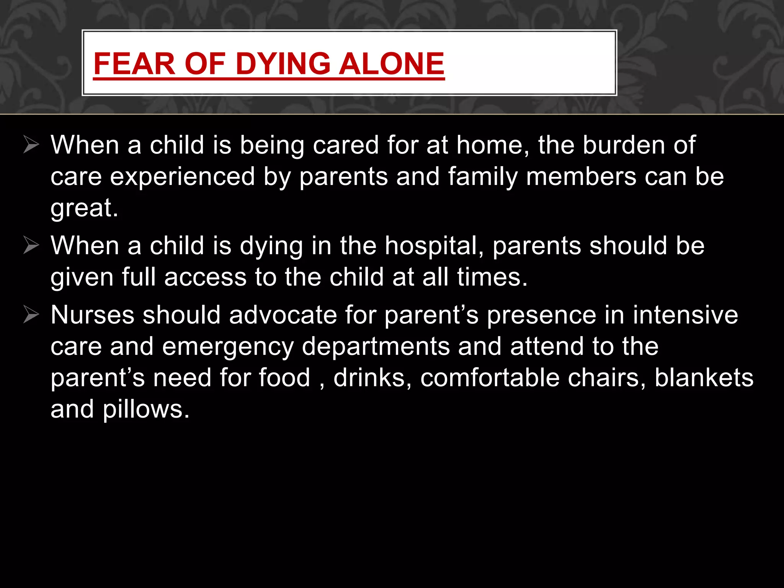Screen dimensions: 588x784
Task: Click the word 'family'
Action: [483, 177]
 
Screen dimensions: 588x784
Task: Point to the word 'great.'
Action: [85, 209]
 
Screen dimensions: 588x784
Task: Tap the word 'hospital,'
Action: [434, 246]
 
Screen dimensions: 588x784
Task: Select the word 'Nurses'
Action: [92, 315]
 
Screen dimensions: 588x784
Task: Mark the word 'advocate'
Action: [283, 315]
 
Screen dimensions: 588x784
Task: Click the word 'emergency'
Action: [228, 347]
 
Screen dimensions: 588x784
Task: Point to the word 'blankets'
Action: [704, 378]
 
